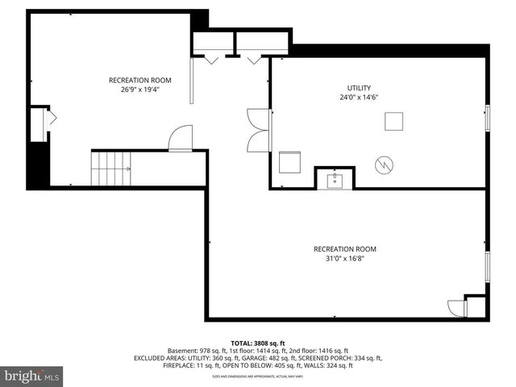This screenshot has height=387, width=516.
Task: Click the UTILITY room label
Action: pyautogui.click(x=359, y=88)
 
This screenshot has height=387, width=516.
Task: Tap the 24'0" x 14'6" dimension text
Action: pyautogui.click(x=359, y=98)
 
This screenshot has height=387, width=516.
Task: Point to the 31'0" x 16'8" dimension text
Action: pyautogui.click(x=344, y=259)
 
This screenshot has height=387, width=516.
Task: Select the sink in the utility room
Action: pyautogui.click(x=335, y=180)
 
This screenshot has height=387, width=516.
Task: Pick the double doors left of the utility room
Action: pyautogui.click(x=260, y=128)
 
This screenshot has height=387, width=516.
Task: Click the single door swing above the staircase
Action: pyautogui.click(x=181, y=138)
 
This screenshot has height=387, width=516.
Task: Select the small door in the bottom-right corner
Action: pyautogui.click(x=457, y=308)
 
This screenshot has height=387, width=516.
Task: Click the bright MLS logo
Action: pyautogui.click(x=32, y=375)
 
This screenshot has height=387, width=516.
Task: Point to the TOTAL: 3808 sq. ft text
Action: pyautogui.click(x=257, y=343)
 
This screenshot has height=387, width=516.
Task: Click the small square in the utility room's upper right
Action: pyautogui.click(x=393, y=121)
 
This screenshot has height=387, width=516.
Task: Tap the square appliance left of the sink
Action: pyautogui.click(x=289, y=163)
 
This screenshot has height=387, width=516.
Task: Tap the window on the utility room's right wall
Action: pyautogui.click(x=486, y=118)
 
